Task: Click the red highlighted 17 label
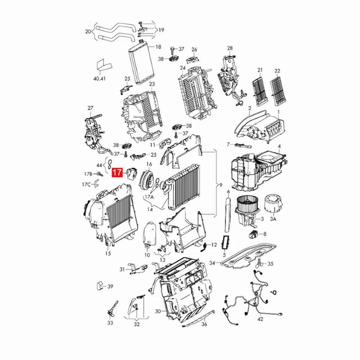click(x=117, y=173)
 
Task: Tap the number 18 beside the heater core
click(x=158, y=47)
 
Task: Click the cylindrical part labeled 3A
click(x=273, y=203)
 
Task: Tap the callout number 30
click(x=157, y=311)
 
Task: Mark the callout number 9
click(x=221, y=185)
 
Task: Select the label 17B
click(x=88, y=174)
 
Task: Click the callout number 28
click(x=230, y=48)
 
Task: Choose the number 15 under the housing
click(x=108, y=254)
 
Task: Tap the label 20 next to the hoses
click(x=88, y=31)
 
